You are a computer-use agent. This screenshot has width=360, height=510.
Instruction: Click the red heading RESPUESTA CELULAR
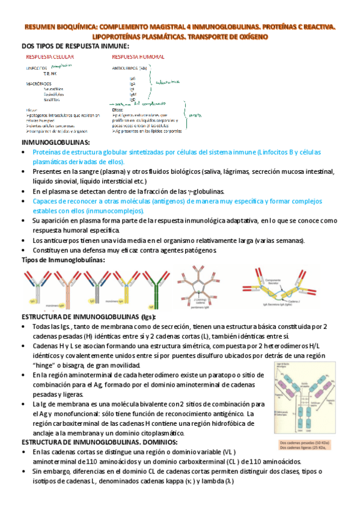pyautogui.click(x=50, y=57)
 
